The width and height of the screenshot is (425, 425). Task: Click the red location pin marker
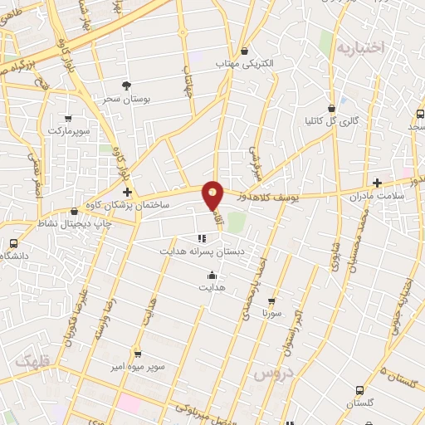(213, 195)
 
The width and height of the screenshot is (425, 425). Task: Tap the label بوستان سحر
(125, 98)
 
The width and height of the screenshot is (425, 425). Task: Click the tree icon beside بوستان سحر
(126, 85)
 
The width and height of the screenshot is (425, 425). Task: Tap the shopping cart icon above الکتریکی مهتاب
(244, 50)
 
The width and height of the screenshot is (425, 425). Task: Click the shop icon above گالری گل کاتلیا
(332, 108)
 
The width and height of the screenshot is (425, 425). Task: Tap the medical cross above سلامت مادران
(377, 182)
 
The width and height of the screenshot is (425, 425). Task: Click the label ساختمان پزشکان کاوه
(136, 204)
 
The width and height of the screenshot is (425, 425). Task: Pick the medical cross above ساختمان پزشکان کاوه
(127, 192)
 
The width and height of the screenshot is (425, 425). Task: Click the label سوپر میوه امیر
(139, 365)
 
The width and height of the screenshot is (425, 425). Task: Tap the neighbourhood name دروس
(270, 375)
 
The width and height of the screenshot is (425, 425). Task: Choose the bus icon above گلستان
(359, 390)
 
